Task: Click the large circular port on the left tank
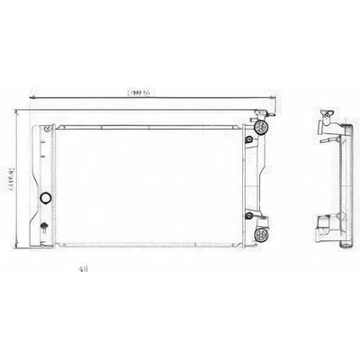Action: point(46,197)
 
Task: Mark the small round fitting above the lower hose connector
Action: point(248,216)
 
